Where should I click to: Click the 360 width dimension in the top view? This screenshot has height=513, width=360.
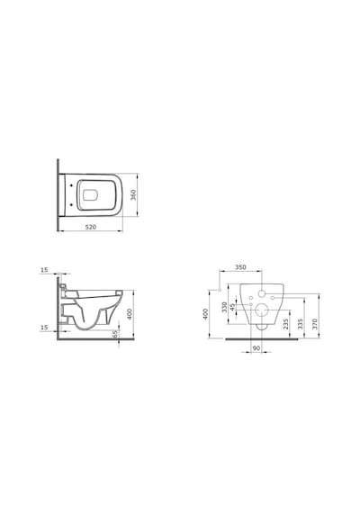133,195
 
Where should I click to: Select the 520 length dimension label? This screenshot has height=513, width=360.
91,227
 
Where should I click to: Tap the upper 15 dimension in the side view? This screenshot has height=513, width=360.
44,270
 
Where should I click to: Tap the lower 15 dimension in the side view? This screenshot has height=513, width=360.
44,328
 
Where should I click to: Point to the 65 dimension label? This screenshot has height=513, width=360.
114,334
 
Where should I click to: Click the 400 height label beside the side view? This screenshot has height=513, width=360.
130,314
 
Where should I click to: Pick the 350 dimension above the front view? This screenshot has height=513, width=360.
240,267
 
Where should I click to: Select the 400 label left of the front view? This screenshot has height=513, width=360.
205,314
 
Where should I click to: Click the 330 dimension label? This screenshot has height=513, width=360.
224,307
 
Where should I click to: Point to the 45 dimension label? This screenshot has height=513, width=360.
232,307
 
